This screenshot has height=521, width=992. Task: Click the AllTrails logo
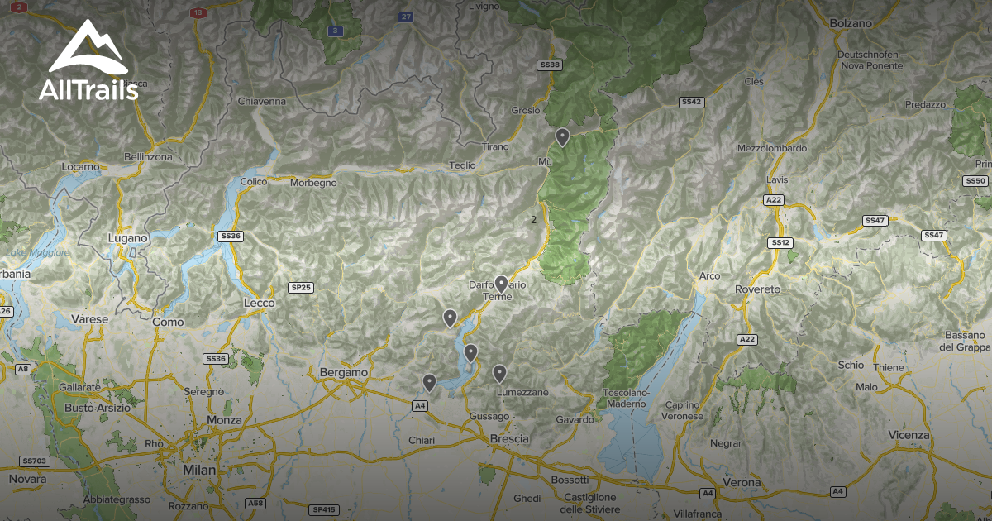[88, 62]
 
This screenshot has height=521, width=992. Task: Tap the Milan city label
[198, 470]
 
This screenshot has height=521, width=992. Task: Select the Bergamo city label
[343, 373]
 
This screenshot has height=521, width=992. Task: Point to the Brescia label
[509, 438]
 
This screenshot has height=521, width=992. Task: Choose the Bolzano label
[851, 24]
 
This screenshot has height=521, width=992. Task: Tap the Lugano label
[127, 238]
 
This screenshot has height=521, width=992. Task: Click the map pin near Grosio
[562, 136]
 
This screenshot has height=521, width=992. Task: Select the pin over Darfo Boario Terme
[501, 284]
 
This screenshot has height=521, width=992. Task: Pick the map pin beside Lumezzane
[499, 374]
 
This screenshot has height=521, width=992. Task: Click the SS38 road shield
[550, 65]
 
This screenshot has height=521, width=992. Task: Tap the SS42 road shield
[691, 102]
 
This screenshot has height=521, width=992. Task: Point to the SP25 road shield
[301, 288]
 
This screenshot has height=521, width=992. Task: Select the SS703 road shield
[34, 461]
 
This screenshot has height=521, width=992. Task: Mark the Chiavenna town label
[261, 101]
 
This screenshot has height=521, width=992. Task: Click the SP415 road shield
[325, 509]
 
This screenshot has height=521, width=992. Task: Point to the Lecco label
[259, 304]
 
